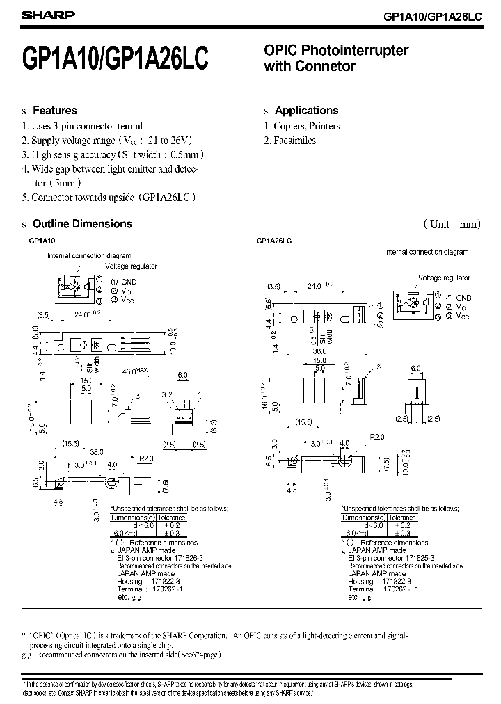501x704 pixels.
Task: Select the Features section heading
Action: click(55, 111)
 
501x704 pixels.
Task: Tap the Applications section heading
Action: click(306, 111)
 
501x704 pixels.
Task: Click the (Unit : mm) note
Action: click(452, 224)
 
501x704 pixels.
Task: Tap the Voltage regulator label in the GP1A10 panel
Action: click(132, 266)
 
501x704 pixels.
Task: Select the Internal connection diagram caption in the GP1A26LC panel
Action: click(426, 252)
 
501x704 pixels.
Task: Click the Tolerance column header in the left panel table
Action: click(171, 518)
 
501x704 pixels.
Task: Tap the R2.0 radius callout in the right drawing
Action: click(378, 437)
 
